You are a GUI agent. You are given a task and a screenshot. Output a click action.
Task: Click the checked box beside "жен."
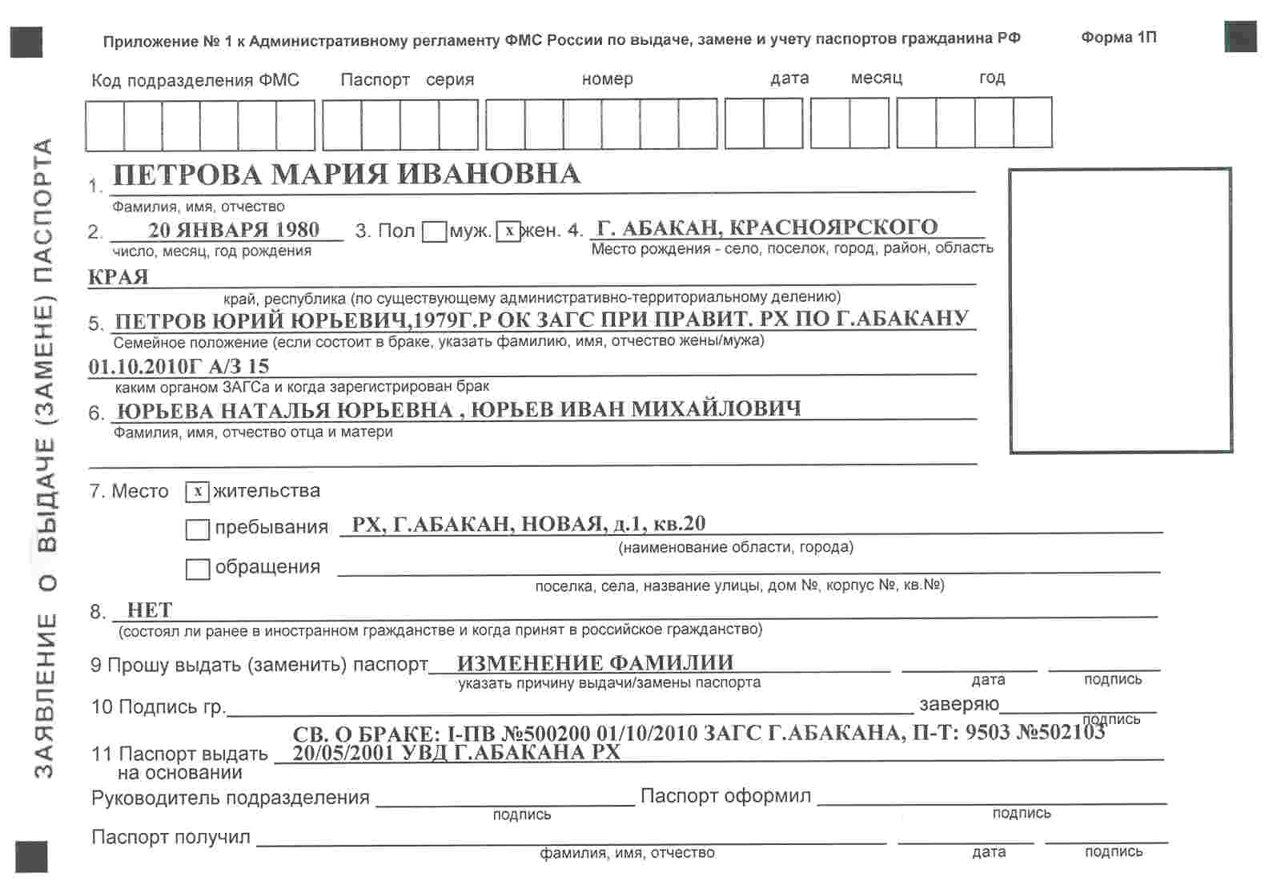point(508,231)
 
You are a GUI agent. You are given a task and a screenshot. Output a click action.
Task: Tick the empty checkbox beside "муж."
point(434,232)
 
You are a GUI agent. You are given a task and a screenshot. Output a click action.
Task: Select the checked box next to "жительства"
point(198,492)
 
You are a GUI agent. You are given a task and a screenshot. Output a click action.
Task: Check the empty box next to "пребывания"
point(198,529)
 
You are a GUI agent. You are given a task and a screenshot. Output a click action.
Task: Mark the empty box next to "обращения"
point(198,569)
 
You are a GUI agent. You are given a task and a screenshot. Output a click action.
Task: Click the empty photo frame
point(1120,310)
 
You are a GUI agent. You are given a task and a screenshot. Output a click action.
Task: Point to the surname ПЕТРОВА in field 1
point(188,175)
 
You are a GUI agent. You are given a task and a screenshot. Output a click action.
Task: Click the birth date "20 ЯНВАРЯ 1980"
point(234,230)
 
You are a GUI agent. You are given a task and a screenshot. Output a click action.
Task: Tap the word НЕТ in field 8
point(150,610)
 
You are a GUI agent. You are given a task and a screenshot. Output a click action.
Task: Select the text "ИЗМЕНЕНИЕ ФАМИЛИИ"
point(595,663)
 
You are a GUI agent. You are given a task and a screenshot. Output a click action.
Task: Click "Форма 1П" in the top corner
point(1118,38)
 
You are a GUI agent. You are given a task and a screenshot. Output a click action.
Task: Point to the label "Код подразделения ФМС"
point(195,80)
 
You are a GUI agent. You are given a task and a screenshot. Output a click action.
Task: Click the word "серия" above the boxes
point(450,80)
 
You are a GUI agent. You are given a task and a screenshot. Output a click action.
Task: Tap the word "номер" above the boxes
point(608,79)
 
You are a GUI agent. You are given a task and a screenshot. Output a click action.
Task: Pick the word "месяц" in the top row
point(876,78)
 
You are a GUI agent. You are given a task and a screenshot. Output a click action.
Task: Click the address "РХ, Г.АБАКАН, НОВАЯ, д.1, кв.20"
point(528,524)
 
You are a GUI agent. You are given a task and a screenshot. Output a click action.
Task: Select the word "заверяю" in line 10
point(958,704)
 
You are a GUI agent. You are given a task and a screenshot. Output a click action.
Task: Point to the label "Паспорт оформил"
point(725,796)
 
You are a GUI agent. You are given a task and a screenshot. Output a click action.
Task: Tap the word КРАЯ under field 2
point(118,277)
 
